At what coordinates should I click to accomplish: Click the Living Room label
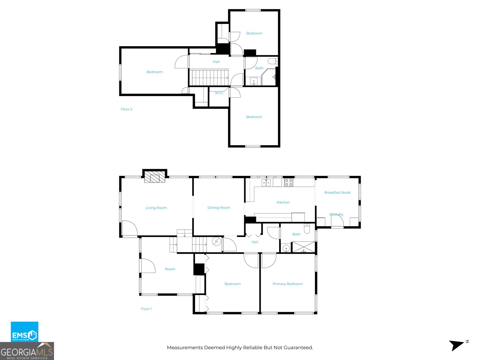coord(156,208)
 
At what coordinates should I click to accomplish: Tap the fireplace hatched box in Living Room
coord(154,177)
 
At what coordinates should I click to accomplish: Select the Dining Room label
coord(219,208)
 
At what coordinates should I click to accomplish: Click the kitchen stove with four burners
coord(289,182)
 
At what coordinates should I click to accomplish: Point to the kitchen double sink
coord(266,182)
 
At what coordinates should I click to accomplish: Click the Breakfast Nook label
coord(337,193)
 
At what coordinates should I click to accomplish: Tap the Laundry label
coord(336,214)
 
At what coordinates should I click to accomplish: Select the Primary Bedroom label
coord(287,284)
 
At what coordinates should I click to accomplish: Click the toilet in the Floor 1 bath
coord(307,229)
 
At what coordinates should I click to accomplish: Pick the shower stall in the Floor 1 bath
coord(304,247)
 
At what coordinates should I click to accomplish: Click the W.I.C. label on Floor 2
coord(219,93)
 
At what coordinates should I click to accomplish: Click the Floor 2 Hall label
coord(216,62)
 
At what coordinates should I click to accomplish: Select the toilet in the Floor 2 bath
coord(273,61)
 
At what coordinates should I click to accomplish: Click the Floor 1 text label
coord(146,309)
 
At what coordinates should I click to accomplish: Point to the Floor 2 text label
coord(126,109)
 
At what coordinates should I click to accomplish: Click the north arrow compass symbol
coord(457,345)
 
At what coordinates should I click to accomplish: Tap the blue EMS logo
coord(25,332)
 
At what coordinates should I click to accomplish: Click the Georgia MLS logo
coord(27,351)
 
